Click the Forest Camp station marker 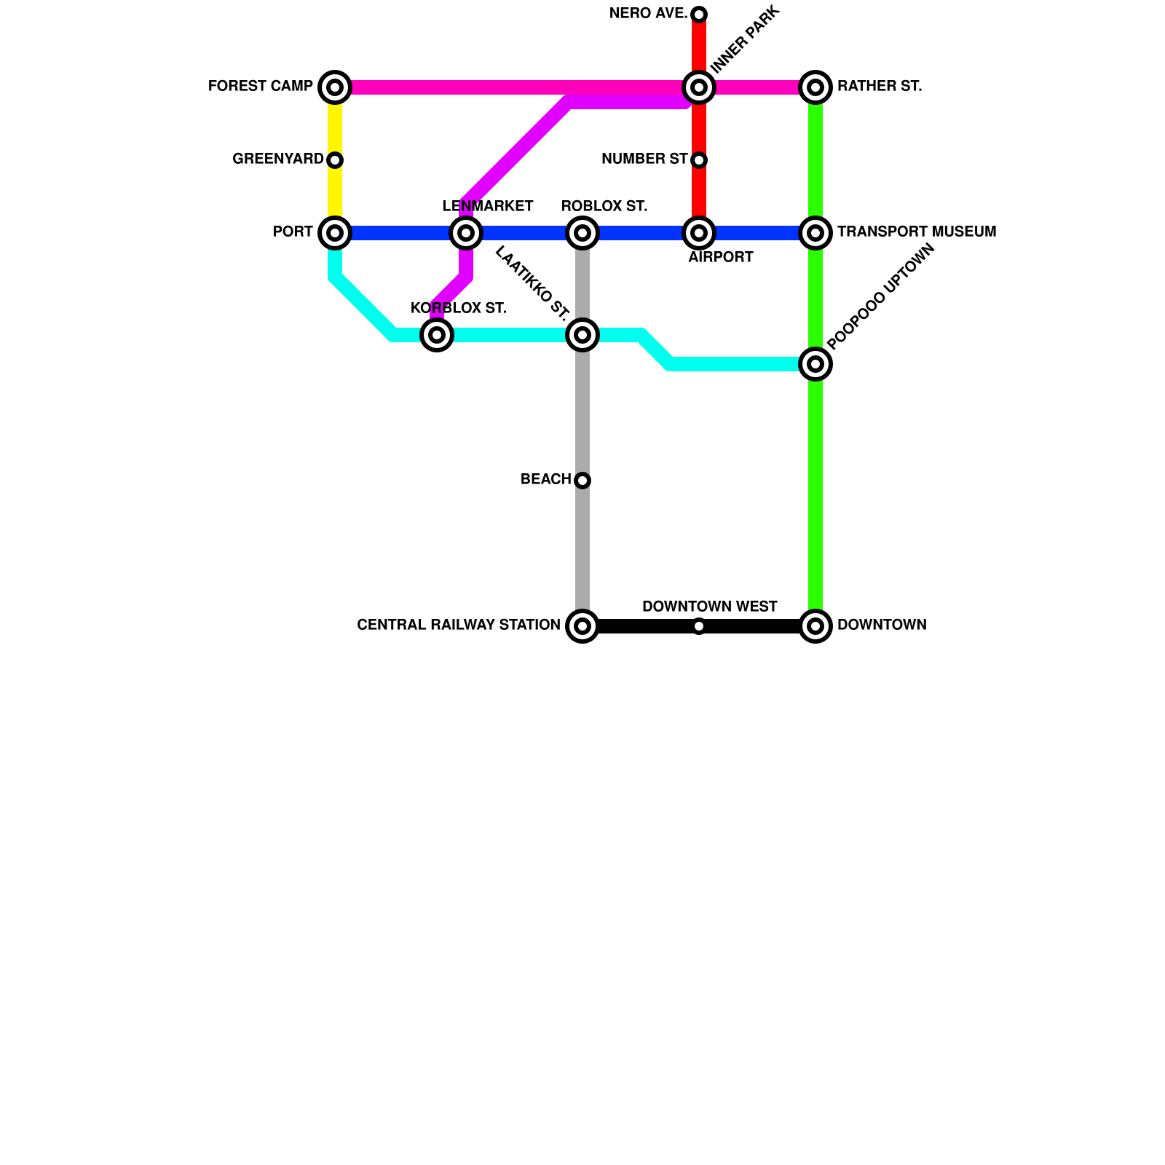(x=335, y=87)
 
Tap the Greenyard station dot (x=335, y=160)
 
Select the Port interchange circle (x=335, y=233)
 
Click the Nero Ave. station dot (x=699, y=15)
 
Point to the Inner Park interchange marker (x=699, y=87)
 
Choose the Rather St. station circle (x=815, y=87)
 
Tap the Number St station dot (x=699, y=160)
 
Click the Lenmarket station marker (x=466, y=233)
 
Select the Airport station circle (x=699, y=233)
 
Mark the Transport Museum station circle (x=815, y=233)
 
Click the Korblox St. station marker (x=437, y=335)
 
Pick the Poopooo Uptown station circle (x=815, y=364)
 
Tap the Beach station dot (x=582, y=481)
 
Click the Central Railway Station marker (x=582, y=626)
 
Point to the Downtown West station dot (x=699, y=626)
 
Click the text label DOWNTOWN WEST (x=709, y=607)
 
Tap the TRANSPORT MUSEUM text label (x=916, y=232)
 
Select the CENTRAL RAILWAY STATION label (x=458, y=625)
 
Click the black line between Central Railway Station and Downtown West (x=641, y=626)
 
